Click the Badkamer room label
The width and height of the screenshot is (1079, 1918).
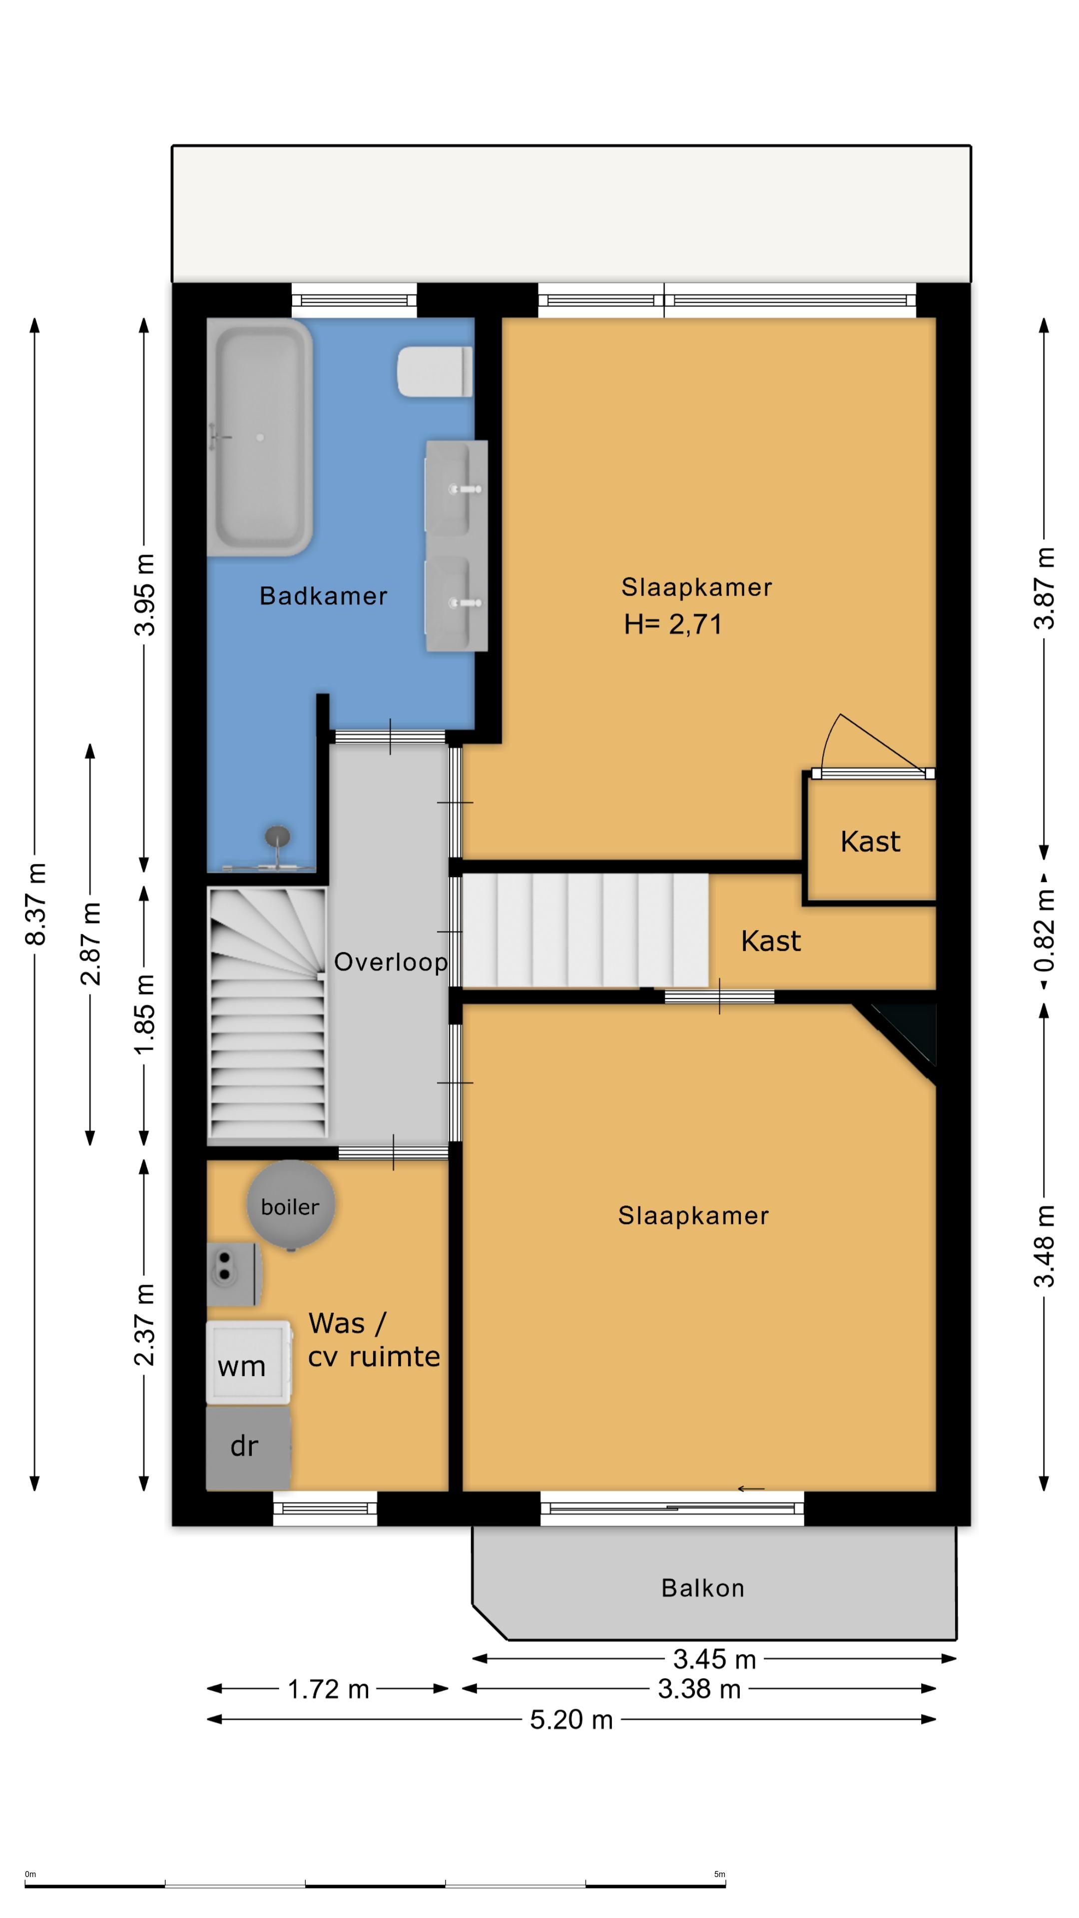coord(323,596)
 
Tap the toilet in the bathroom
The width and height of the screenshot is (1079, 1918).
coord(435,371)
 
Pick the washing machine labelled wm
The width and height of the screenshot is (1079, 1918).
coord(249,1363)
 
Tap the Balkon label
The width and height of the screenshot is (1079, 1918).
coord(703,1588)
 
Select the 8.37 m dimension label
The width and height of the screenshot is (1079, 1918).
coord(36,904)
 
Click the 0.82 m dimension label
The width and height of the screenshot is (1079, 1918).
coord(1045,930)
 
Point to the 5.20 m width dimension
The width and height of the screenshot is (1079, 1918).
coord(571,1719)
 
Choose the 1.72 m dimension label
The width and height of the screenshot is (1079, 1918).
coord(328,1689)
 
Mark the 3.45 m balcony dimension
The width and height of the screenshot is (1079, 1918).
coord(715,1659)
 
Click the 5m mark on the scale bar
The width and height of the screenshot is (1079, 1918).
coord(719,1874)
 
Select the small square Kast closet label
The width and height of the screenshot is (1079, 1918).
coord(871,841)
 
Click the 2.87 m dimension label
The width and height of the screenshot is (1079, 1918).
coord(90,944)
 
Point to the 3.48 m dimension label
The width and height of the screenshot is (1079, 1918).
coord(1045,1246)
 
